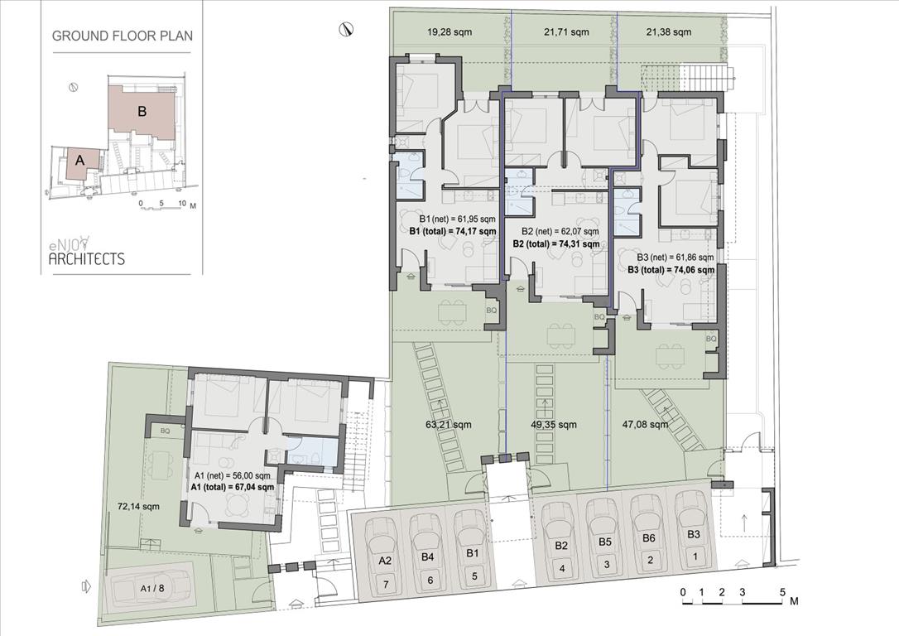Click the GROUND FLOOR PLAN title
(123, 36)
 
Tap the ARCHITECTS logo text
(87, 258)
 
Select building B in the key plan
(142, 111)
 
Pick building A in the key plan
(79, 161)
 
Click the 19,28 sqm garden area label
(449, 32)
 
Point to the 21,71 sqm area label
(565, 32)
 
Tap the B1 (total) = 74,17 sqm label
(452, 231)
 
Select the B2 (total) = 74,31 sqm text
(556, 243)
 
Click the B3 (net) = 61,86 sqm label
(675, 258)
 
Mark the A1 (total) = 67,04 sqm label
(233, 486)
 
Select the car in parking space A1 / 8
(151, 588)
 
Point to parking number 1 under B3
(695, 556)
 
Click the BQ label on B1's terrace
(492, 311)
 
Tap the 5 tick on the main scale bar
(782, 592)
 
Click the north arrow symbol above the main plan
(345, 29)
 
